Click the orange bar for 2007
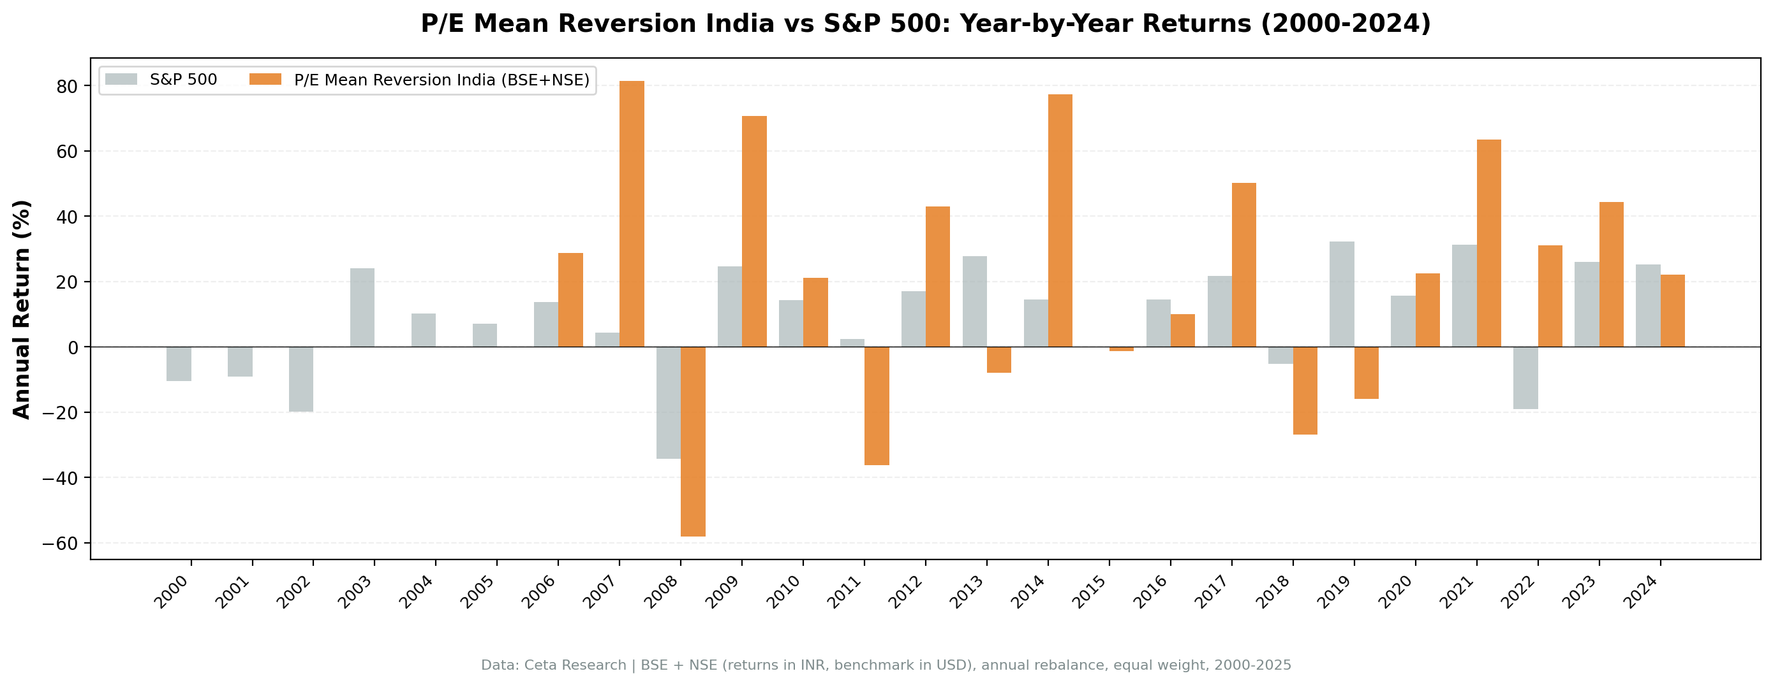(x=631, y=214)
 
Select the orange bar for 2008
(x=692, y=441)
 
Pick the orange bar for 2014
(x=1060, y=220)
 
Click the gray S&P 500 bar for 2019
(x=1342, y=294)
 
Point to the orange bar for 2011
(x=876, y=406)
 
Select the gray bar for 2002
(x=300, y=379)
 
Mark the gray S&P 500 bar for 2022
(x=1525, y=378)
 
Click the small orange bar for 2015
(x=1121, y=349)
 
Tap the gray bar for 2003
(x=362, y=307)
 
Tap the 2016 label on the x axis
(x=1151, y=592)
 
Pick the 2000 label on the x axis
(x=172, y=592)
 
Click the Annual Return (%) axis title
(x=22, y=309)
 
